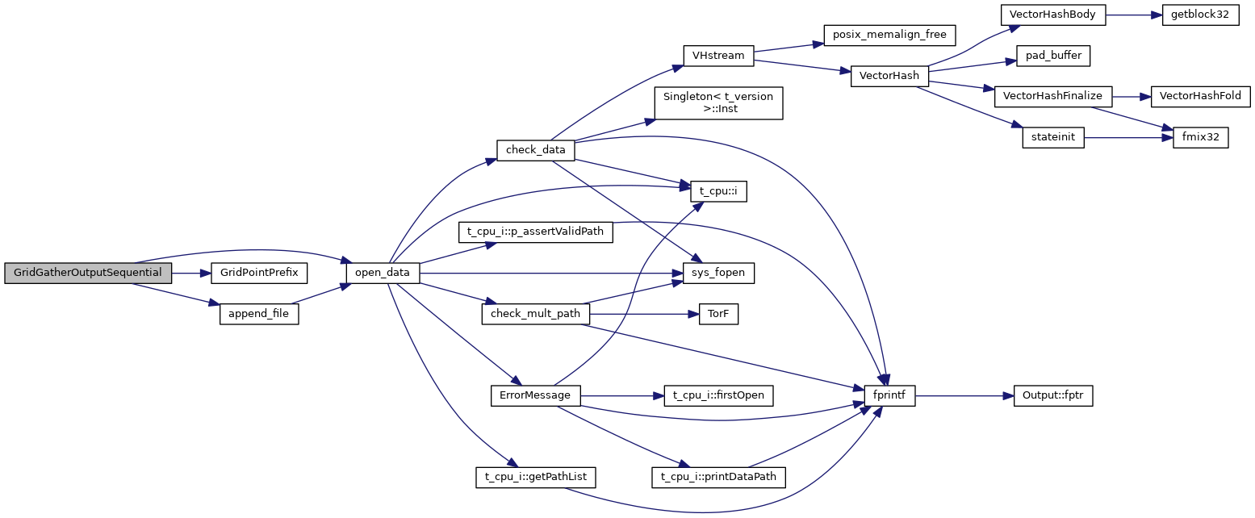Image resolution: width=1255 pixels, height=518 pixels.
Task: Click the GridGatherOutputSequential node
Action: click(88, 273)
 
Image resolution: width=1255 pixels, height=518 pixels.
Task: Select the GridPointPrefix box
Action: click(254, 273)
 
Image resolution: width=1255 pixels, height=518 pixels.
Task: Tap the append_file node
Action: click(259, 314)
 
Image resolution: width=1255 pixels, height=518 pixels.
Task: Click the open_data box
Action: click(383, 273)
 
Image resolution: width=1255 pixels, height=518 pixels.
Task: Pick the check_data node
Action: click(535, 150)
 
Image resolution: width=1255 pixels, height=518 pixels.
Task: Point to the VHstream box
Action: click(717, 56)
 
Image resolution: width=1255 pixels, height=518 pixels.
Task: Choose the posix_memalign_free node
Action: click(889, 35)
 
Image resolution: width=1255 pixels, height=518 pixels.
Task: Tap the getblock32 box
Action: click(1199, 15)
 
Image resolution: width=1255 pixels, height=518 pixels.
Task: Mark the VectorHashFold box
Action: click(1199, 96)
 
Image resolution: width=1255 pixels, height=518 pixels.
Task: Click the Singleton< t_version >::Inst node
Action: click(718, 103)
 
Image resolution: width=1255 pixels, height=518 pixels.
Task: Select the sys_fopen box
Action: click(718, 273)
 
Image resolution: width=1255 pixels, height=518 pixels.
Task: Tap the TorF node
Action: click(718, 314)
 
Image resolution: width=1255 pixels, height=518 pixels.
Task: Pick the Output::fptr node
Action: click(1052, 396)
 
